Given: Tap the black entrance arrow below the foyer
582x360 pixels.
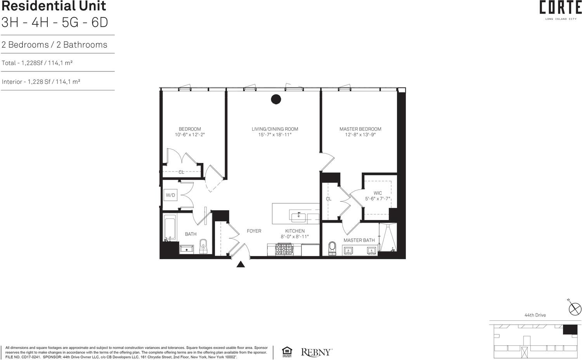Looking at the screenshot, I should tap(241, 265).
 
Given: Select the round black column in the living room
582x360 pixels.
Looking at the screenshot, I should tap(275, 99).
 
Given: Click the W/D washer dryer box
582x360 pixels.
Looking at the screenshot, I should tap(170, 195).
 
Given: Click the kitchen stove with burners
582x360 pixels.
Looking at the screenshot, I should tap(284, 249).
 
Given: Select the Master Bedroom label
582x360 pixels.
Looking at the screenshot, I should tap(360, 129).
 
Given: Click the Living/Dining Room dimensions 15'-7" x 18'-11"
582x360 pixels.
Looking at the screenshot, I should tap(275, 135).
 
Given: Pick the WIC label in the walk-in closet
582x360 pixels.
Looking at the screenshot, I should tap(378, 193).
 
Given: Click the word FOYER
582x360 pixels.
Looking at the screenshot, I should tap(254, 231).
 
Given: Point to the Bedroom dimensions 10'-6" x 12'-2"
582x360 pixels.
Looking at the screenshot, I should tap(190, 135).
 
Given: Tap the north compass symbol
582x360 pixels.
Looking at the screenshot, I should tap(575, 309).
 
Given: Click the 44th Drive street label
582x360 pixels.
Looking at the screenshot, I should tap(535, 315).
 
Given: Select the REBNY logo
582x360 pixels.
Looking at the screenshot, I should tap(316, 352).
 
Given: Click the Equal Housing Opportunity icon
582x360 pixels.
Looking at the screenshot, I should tap(287, 352).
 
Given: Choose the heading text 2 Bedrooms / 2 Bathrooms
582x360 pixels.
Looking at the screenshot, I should tap(54, 45).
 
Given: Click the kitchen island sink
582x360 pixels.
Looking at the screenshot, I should tap(299, 215).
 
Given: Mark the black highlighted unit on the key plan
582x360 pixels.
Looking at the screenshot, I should tap(570, 330).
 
